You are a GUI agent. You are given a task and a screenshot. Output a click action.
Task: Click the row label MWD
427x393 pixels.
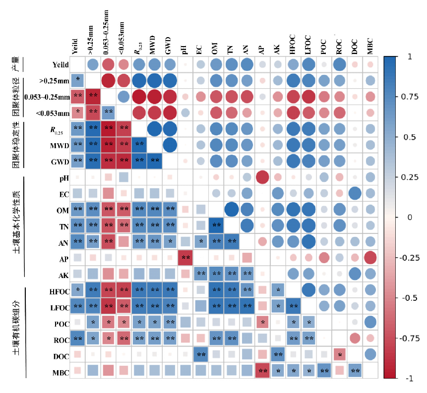pos(59,145)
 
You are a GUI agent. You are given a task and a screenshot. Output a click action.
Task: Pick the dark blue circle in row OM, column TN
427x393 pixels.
pos(231,210)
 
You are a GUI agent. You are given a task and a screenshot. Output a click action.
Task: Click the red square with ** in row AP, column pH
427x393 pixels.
pos(185,258)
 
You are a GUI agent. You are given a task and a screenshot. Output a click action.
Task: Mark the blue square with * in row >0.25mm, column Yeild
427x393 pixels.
pos(77,80)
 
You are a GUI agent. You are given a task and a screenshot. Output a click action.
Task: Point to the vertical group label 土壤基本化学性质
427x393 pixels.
pos(16,223)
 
